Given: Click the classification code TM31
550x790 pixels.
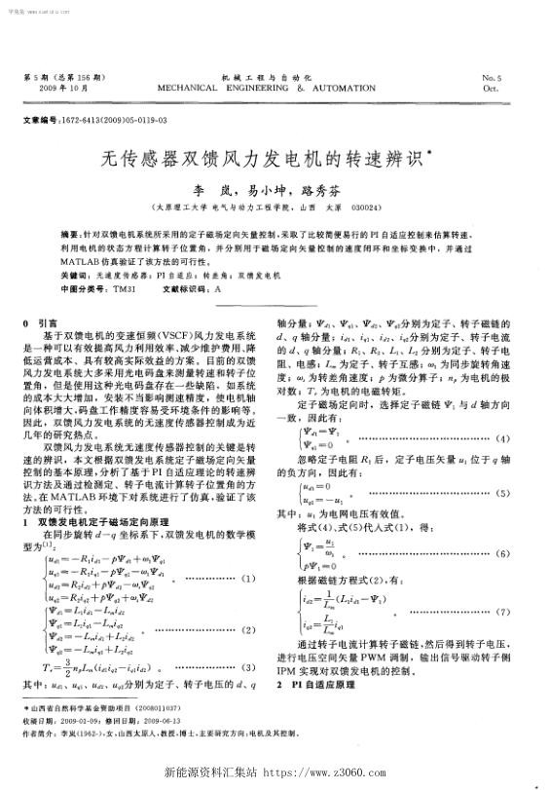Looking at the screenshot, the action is (x=124, y=289).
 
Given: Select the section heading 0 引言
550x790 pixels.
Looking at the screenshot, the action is (x=41, y=321).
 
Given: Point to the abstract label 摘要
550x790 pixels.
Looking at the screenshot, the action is (x=70, y=235).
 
